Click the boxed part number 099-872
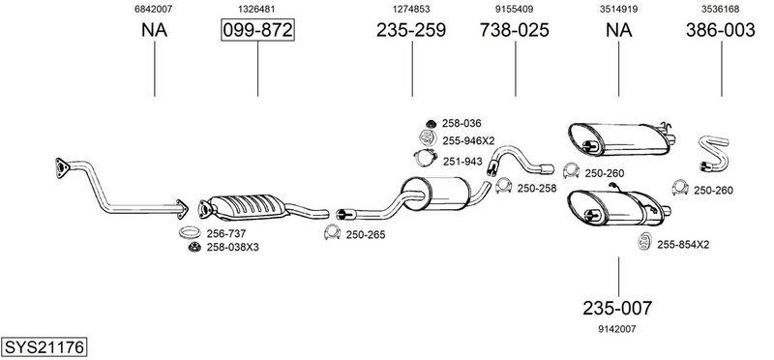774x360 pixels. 257,30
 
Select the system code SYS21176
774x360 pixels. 44,347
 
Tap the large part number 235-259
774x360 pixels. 411,30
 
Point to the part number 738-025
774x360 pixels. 515,30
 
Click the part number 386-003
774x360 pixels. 720,30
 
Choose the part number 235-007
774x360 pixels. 617,308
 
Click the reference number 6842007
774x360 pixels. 154,9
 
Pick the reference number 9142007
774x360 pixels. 617,329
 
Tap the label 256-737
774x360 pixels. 226,233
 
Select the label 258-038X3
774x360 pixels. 232,247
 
